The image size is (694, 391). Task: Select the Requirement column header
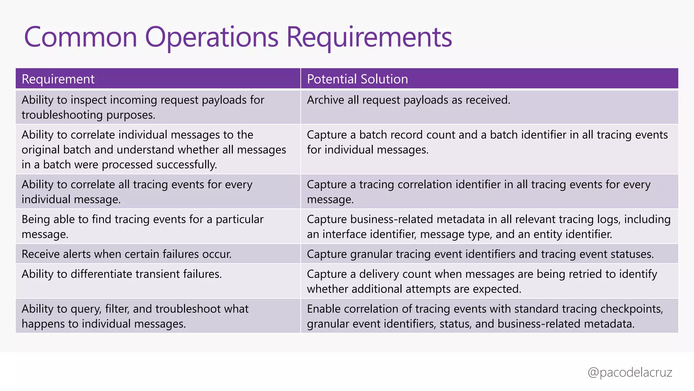tap(58, 79)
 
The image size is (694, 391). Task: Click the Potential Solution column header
tap(357, 79)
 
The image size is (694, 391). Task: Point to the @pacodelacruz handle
tap(630, 372)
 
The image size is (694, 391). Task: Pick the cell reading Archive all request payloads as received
tap(408, 100)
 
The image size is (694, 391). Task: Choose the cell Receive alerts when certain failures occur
tap(126, 254)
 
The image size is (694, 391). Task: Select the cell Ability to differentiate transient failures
tap(122, 274)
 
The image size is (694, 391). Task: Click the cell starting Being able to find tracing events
tap(142, 226)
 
